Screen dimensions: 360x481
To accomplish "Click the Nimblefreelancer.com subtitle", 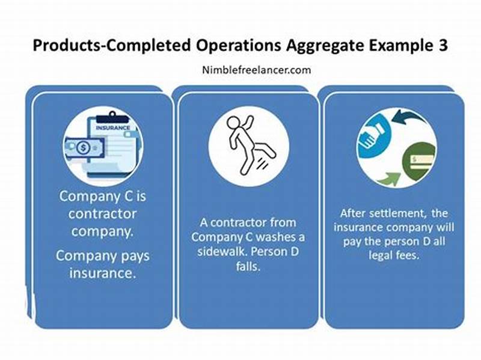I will click(x=257, y=70).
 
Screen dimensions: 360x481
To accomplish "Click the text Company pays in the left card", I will click(x=103, y=256).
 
